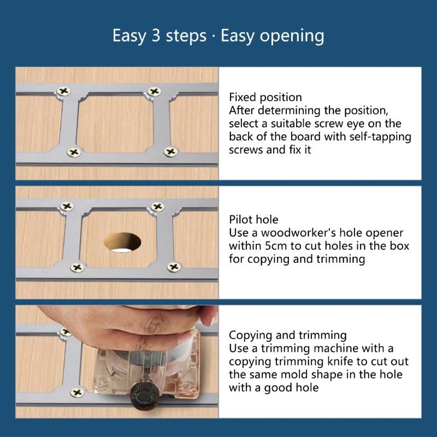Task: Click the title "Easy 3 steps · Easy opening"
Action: pyautogui.click(x=218, y=36)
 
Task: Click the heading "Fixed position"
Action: pyautogui.click(x=265, y=97)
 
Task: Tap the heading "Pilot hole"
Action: pyautogui.click(x=253, y=220)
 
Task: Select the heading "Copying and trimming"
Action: pyautogui.click(x=288, y=335)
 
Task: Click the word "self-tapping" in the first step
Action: pyautogui.click(x=380, y=137)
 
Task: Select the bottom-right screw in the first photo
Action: pyautogui.click(x=170, y=152)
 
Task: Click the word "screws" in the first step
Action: pyautogui.click(x=246, y=150)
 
